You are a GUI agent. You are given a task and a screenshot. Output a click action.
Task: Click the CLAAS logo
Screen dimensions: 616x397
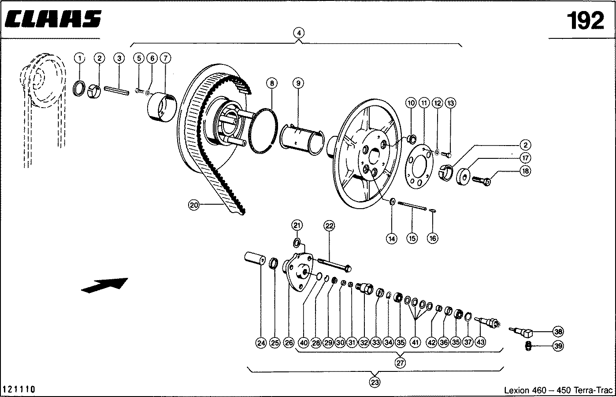coord(53,19)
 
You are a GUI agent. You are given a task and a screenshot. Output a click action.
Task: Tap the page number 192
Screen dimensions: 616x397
coord(585,21)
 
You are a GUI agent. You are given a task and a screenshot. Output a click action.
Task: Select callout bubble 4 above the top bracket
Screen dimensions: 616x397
coord(299,33)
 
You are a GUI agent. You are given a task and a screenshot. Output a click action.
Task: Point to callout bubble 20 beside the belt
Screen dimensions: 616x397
coord(194,205)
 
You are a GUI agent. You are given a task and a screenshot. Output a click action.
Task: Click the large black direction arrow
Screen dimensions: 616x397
coord(105,285)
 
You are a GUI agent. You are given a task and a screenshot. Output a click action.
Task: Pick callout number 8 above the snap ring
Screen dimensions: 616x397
coord(272,83)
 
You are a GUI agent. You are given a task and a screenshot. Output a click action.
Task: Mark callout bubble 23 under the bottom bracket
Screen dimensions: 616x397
coord(375,382)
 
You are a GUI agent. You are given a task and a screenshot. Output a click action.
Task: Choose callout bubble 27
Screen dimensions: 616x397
coord(400,363)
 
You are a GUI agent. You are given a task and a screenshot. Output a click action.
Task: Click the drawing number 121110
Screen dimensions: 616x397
coord(19,390)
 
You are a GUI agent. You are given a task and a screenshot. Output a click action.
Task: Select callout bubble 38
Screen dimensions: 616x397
coord(558,331)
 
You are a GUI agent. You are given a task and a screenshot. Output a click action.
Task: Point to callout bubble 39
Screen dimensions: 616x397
coord(558,346)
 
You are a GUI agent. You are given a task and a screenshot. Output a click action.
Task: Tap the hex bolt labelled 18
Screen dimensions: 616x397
coord(481,181)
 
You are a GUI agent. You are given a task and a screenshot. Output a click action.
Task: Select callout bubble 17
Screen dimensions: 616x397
coord(525,158)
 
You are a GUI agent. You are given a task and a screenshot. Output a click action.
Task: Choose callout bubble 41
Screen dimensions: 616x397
coord(415,342)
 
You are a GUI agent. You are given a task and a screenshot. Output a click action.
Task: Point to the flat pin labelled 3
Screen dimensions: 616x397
coord(117,90)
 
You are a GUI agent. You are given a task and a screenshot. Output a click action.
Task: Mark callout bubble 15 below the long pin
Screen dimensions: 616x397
coord(412,238)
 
